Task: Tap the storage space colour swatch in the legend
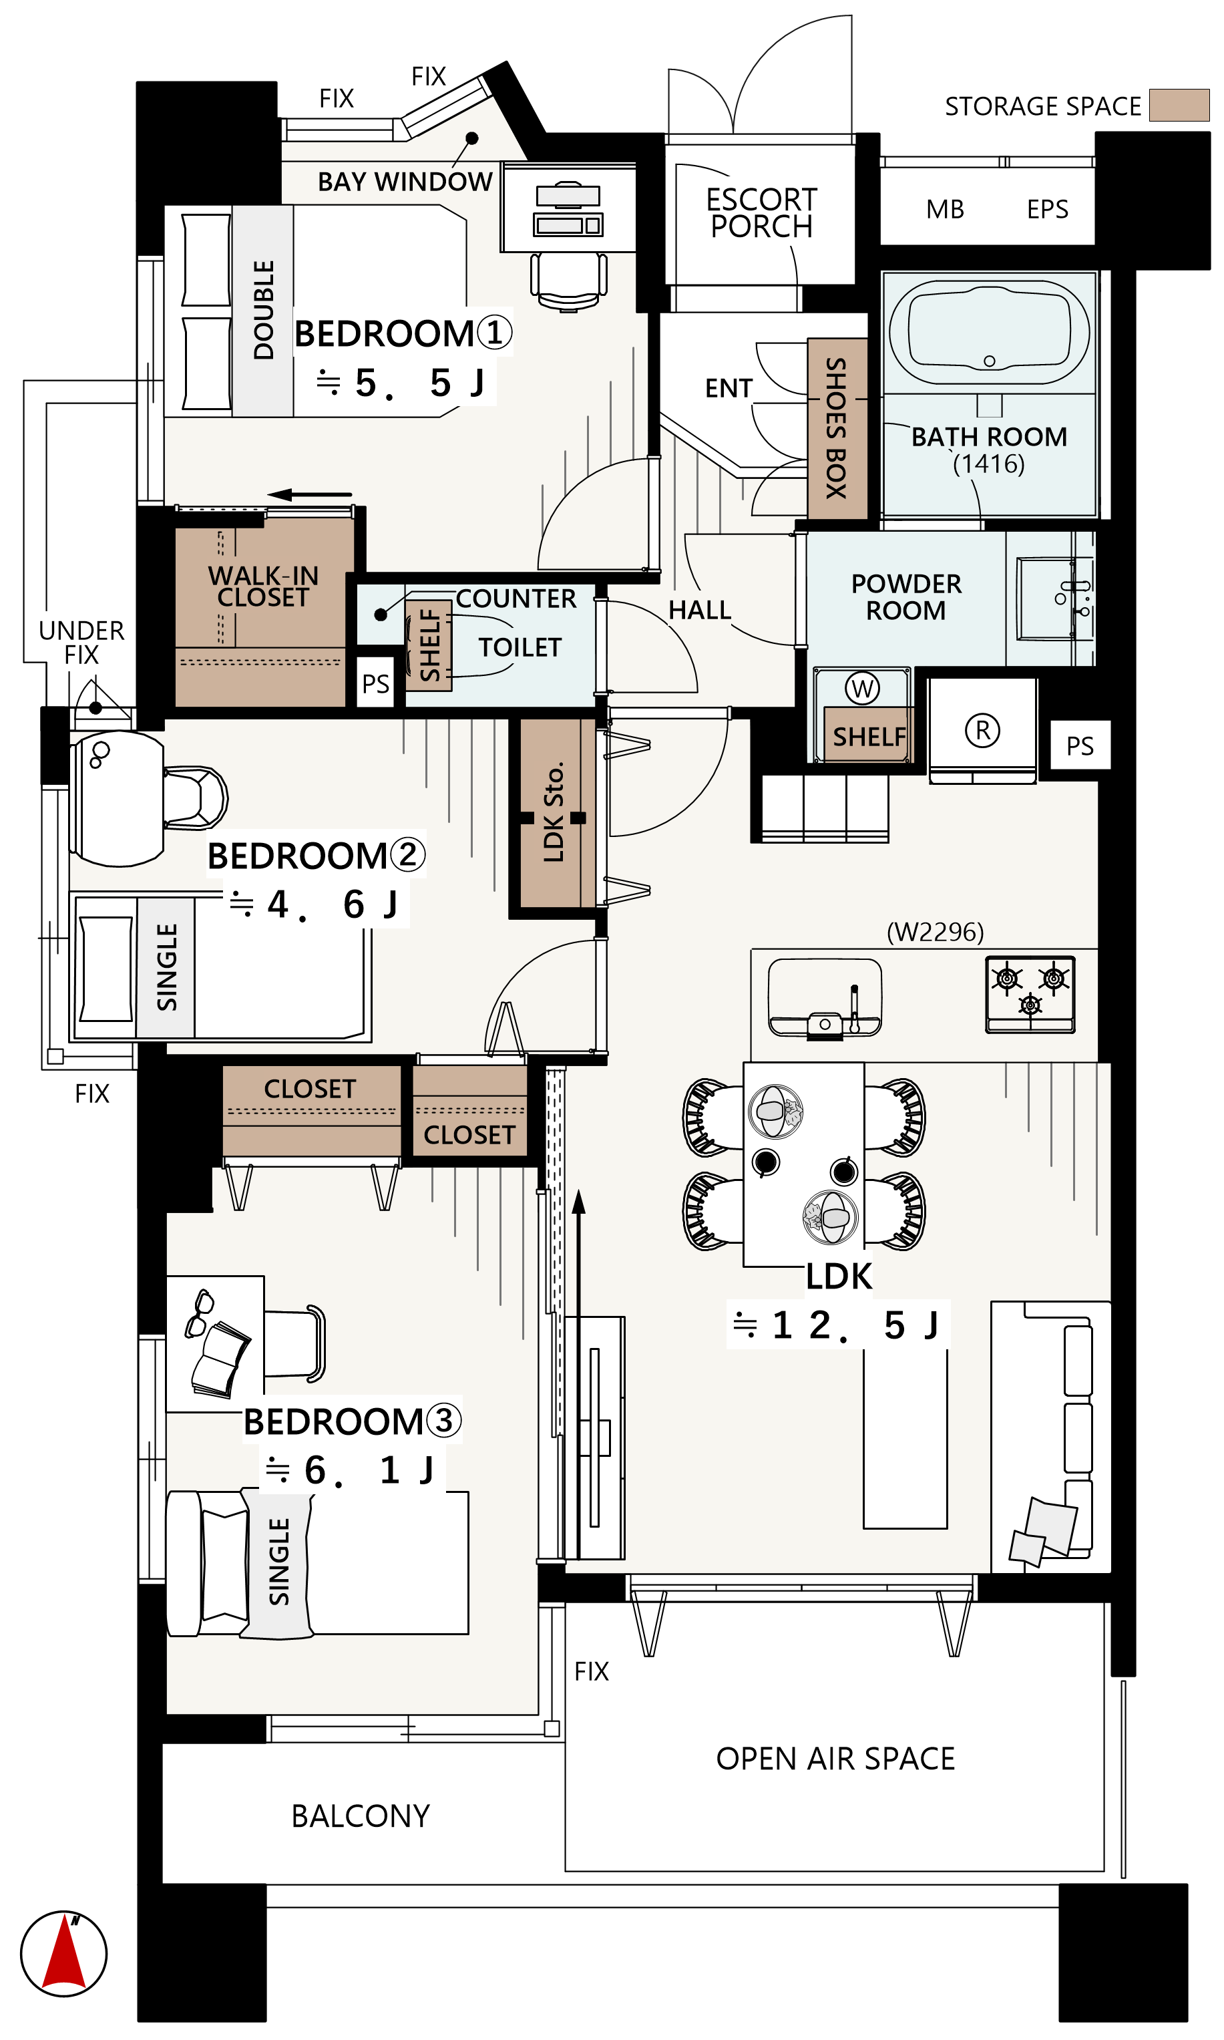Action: click(x=1179, y=106)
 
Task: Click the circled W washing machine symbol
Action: click(x=863, y=688)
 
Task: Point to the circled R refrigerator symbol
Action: click(x=982, y=730)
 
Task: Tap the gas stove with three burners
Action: click(x=1030, y=994)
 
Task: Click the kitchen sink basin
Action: click(x=825, y=997)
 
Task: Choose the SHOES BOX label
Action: click(x=836, y=428)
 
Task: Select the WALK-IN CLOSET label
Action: click(x=263, y=586)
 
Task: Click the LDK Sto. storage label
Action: click(x=554, y=812)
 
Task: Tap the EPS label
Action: click(x=1048, y=210)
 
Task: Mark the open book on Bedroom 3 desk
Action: click(x=220, y=1359)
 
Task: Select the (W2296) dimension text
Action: click(x=936, y=932)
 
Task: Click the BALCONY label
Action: click(x=361, y=1816)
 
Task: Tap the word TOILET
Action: click(x=520, y=647)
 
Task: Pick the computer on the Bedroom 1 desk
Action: click(x=568, y=210)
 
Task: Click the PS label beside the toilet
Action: click(x=375, y=684)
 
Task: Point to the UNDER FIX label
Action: click(x=81, y=643)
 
